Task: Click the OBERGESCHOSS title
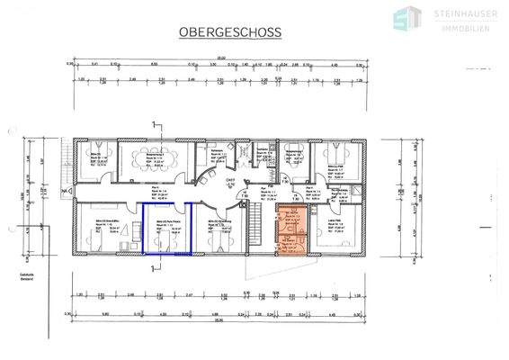231,32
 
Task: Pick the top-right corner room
344,160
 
